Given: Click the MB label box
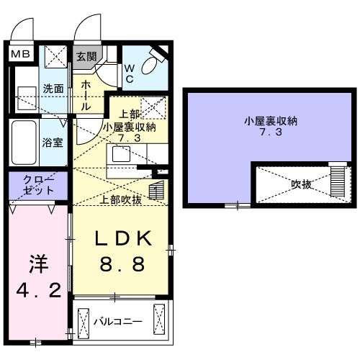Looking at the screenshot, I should (19, 54).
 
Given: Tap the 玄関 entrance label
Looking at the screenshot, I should (86, 57).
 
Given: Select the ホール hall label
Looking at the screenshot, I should (85, 94).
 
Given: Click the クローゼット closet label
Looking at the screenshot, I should (38, 186).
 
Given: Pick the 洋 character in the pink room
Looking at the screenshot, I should (37, 264).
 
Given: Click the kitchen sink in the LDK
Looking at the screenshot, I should (120, 154).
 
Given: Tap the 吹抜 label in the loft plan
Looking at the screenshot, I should (300, 185).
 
